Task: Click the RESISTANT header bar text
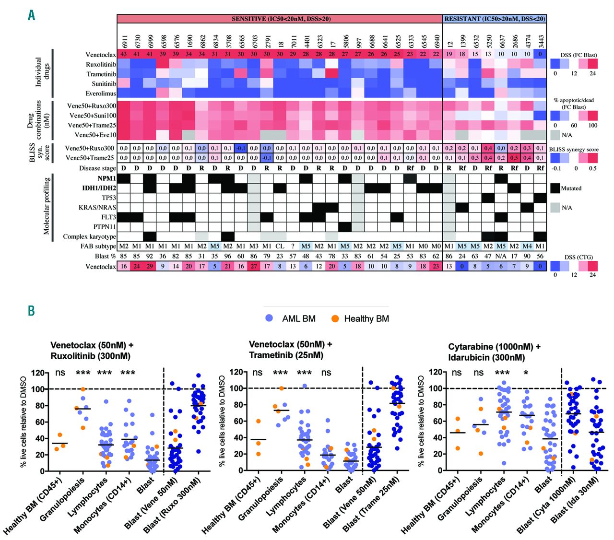point(495,19)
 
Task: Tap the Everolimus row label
point(101,94)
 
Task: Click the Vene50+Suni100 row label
point(92,116)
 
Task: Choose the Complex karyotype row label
point(89,236)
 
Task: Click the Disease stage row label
point(97,168)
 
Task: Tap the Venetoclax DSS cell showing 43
point(124,54)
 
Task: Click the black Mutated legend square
point(555,188)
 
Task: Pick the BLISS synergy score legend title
point(573,149)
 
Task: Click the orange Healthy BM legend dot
point(335,318)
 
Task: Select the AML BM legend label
point(298,318)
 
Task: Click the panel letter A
point(31,15)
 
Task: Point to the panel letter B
point(31,311)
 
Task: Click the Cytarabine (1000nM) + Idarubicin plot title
point(494,352)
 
